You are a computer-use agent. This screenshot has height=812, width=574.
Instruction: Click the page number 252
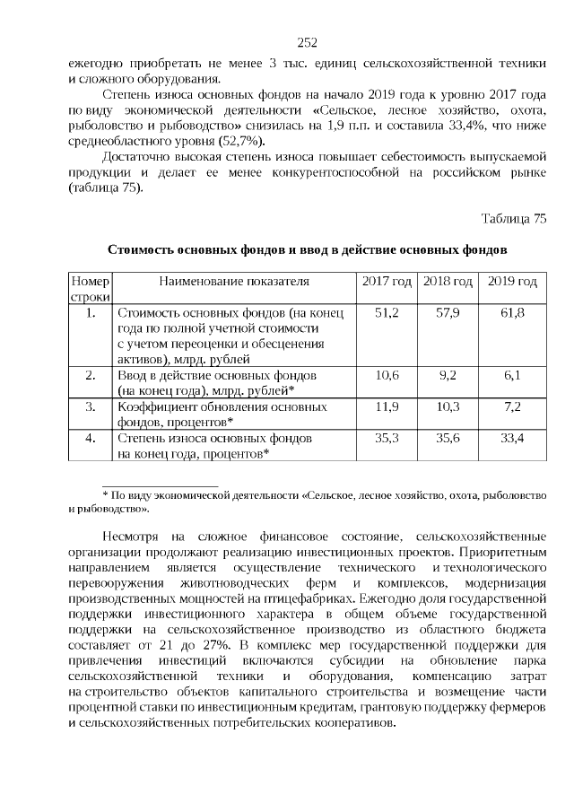tap(307, 42)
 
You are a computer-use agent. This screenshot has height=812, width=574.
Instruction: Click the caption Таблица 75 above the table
tap(513, 218)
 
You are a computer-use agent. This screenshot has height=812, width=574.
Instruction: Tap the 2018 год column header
tap(448, 282)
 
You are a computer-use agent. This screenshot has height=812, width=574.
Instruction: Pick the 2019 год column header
tap(512, 282)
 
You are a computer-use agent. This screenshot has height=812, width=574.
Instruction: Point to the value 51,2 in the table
tap(387, 312)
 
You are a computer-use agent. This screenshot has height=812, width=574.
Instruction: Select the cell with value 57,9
tap(448, 312)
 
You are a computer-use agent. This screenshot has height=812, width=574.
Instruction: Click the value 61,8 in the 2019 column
tap(512, 312)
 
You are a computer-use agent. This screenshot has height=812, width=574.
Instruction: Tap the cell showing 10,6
tap(387, 375)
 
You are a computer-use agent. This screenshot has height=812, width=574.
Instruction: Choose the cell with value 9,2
tap(448, 375)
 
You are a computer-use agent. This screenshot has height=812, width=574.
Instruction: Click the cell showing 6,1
tap(512, 375)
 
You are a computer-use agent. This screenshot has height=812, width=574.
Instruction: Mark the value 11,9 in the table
tap(387, 406)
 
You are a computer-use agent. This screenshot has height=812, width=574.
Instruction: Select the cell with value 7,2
tap(512, 406)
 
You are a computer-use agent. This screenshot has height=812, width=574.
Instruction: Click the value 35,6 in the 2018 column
tap(448, 438)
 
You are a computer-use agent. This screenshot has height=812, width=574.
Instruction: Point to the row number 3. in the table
tap(90, 406)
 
